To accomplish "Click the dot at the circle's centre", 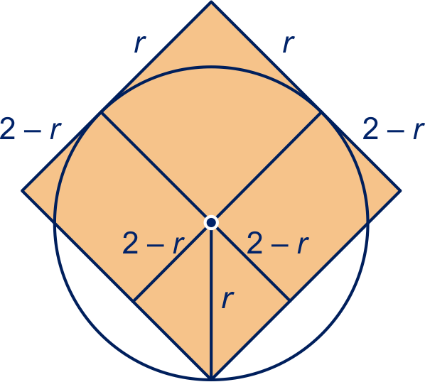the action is [x=211, y=223].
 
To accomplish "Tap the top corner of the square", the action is [x=211, y=2].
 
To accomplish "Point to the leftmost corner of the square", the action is [x=22, y=190].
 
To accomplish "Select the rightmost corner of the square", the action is [x=400, y=190].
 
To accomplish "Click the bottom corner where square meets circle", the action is [x=211, y=378].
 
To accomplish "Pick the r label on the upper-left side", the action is [x=140, y=43].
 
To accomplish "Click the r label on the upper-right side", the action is [x=289, y=43].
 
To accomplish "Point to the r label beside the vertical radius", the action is [x=227, y=299].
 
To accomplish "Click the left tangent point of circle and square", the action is [x=101, y=112].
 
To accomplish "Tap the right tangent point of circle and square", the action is [x=321, y=112].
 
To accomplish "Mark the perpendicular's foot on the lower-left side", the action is [x=134, y=300].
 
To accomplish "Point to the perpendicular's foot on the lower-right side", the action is [x=289, y=300].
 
